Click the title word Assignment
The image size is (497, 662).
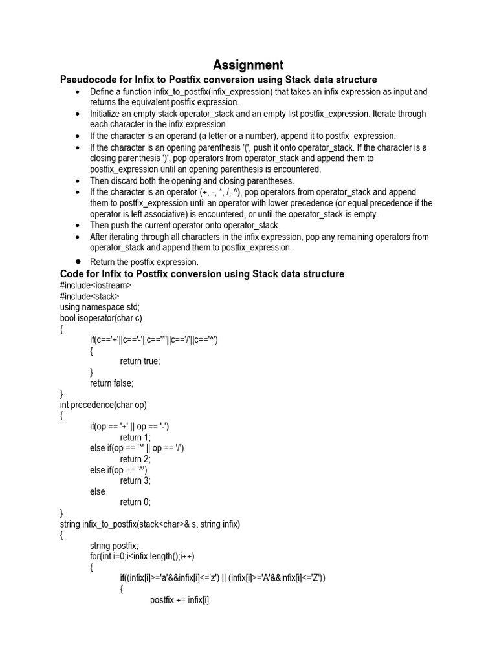point(248,65)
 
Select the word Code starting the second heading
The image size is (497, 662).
point(72,274)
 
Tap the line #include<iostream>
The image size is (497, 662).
point(96,285)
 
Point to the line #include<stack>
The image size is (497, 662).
point(89,296)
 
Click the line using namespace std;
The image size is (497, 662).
point(100,307)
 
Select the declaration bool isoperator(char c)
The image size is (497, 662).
point(101,318)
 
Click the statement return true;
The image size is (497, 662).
point(140,361)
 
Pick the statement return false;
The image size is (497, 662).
point(111,383)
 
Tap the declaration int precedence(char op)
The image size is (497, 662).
point(104,405)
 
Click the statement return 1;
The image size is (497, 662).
point(135,437)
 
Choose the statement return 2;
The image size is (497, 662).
point(135,459)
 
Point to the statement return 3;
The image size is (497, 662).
point(135,480)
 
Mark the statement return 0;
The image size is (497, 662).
point(135,502)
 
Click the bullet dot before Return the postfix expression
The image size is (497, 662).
point(78,262)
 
